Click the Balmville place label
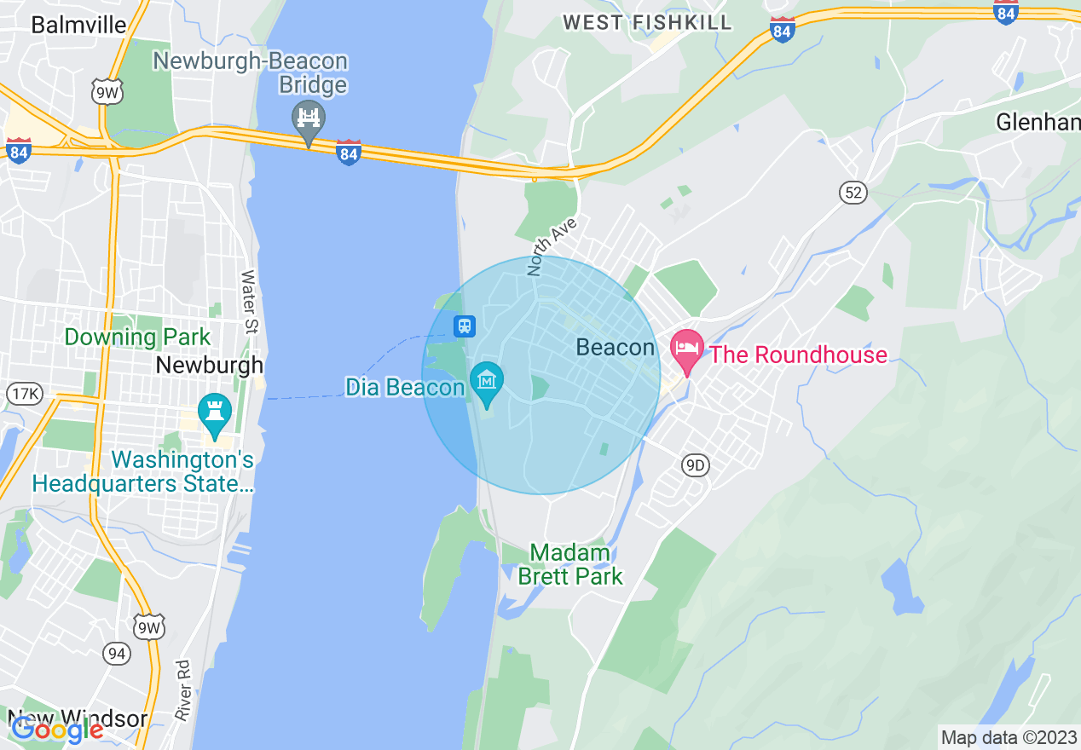pos(78,24)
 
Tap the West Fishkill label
pos(648,23)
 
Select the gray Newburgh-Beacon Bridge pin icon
pos(308,121)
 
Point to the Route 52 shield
pos(853,193)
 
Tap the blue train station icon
pos(465,326)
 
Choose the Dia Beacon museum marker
pos(487,382)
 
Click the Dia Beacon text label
pos(405,388)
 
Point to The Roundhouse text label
pos(798,355)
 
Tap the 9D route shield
pos(696,464)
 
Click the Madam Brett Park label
pos(570,564)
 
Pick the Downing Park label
pos(137,337)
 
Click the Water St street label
pos(248,302)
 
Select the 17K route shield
pos(24,393)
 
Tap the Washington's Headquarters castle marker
pos(214,413)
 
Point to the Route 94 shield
pos(116,654)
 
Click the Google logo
pos(56,730)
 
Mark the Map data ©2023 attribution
pos(1007,737)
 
